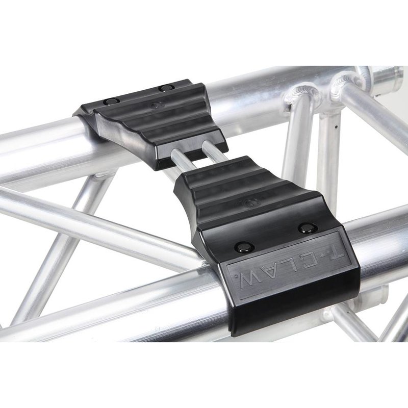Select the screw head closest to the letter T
coord(307,228)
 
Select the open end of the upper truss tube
coord(393,76)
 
